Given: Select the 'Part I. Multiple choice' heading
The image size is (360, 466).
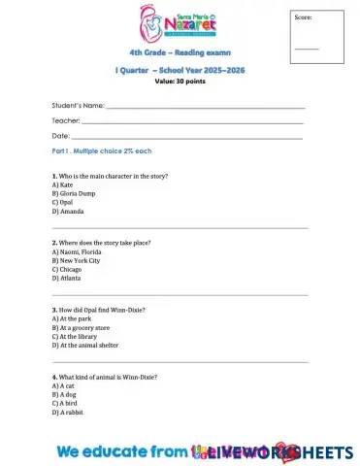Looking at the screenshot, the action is click(x=102, y=151).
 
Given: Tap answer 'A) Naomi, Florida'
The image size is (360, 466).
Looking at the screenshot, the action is click(x=77, y=251).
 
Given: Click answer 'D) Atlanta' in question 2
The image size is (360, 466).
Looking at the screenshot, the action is click(x=67, y=278).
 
